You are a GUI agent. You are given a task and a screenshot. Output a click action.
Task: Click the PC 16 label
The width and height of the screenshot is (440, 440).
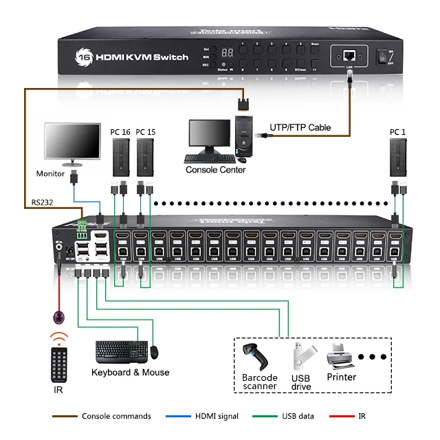click(120, 131)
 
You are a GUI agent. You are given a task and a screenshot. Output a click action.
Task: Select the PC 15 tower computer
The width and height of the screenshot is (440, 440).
click(145, 157)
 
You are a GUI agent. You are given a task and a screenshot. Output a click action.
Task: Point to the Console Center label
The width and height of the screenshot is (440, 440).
click(215, 170)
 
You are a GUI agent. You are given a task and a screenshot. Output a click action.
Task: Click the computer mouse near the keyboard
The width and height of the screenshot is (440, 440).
click(154, 351)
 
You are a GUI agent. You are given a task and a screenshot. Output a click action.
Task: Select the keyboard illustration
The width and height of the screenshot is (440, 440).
click(121, 351)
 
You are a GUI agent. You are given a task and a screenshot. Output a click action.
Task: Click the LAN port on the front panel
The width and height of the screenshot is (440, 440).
click(349, 55)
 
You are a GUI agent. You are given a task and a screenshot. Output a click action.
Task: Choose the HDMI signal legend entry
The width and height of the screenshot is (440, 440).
click(217, 416)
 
